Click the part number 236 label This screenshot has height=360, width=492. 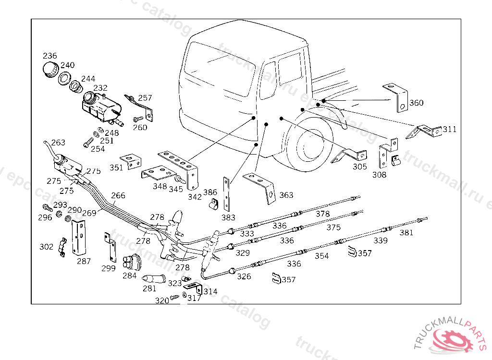pyautogui.click(x=50, y=56)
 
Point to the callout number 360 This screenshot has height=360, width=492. pyautogui.click(x=417, y=103)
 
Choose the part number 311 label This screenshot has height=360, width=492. pyautogui.click(x=450, y=129)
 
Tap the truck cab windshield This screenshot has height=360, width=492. pyautogui.click(x=219, y=67)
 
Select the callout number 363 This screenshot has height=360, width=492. pyautogui.click(x=286, y=195)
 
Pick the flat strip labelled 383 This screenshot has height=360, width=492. pyautogui.click(x=226, y=194)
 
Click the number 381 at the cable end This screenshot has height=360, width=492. pyautogui.click(x=406, y=233)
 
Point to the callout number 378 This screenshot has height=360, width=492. pyautogui.click(x=322, y=214)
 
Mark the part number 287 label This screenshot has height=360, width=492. pyautogui.click(x=84, y=261)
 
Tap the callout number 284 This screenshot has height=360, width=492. pyautogui.click(x=129, y=276)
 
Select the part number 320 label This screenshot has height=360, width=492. pyautogui.click(x=161, y=300)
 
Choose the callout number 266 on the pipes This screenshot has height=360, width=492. pyautogui.click(x=118, y=195)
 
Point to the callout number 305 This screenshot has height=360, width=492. pyautogui.click(x=360, y=167)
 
